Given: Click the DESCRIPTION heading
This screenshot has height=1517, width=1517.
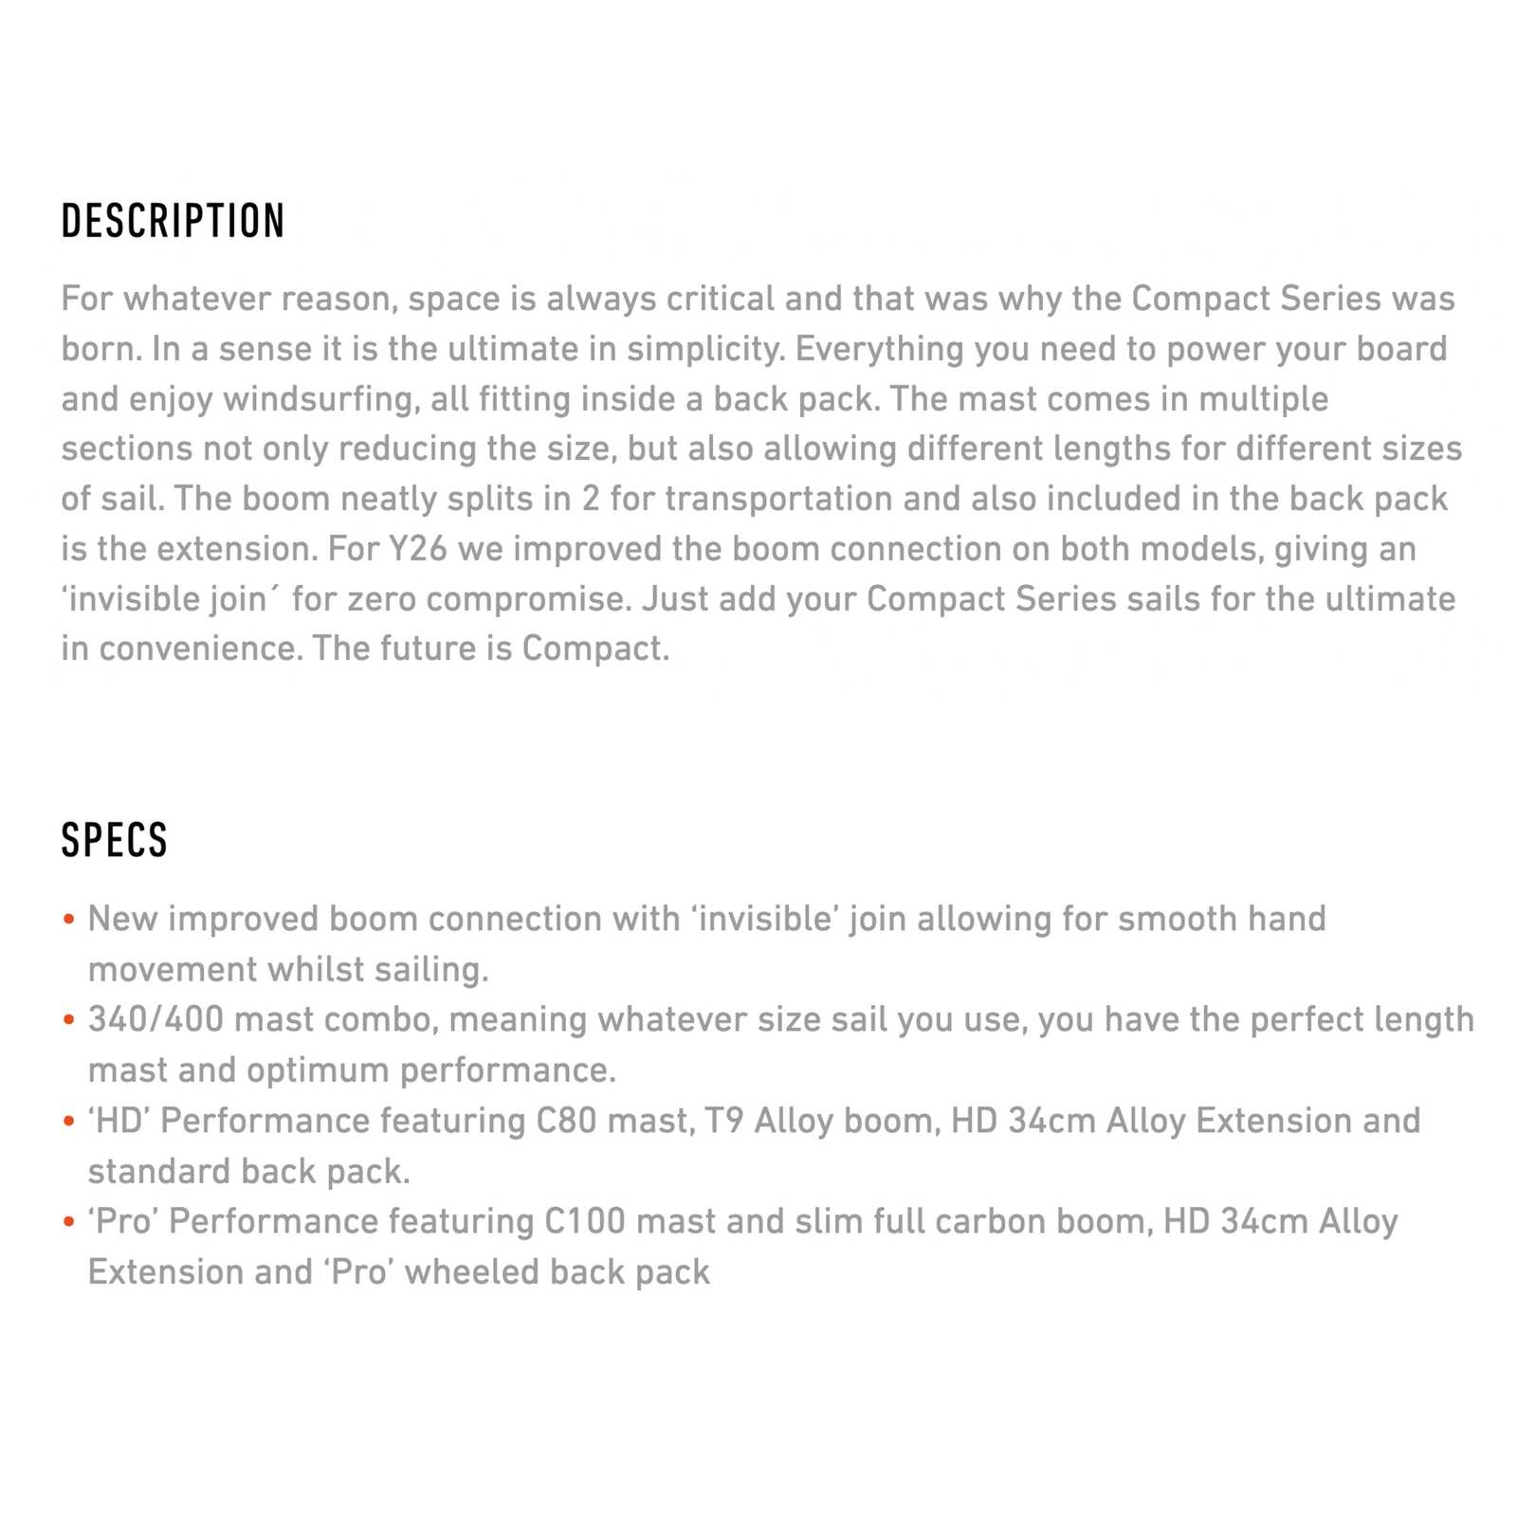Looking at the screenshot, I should click(173, 221).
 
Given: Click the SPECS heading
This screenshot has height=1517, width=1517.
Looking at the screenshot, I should click(115, 840).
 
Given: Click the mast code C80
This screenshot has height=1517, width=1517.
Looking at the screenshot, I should click(567, 1121).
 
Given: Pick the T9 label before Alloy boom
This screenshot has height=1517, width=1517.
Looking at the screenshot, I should click(723, 1121).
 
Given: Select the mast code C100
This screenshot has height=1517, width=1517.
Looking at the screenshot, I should click(585, 1221).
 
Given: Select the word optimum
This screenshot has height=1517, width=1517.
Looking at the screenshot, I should click(318, 1070).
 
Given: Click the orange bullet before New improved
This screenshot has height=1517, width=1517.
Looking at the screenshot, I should click(68, 920).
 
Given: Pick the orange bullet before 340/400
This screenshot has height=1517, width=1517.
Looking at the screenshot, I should click(68, 1020).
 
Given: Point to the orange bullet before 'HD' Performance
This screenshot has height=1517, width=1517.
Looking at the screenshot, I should click(68, 1122).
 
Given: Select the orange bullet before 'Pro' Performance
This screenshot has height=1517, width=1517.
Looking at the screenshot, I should click(68, 1222).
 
